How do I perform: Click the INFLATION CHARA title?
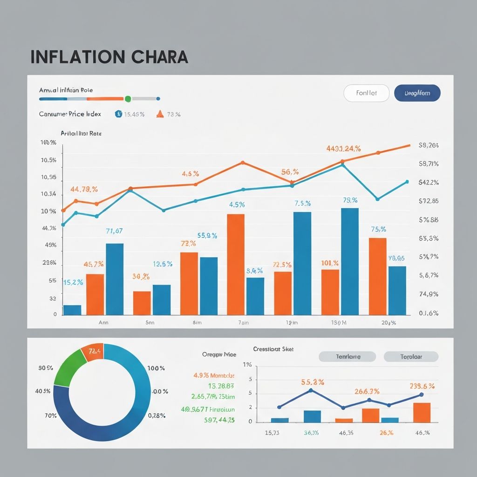[109, 56]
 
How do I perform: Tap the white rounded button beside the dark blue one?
[366, 93]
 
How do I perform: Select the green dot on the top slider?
[128, 99]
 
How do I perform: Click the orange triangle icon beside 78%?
[160, 114]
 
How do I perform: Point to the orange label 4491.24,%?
[343, 149]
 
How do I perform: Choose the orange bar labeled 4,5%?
[236, 264]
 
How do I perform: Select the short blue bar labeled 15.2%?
[72, 310]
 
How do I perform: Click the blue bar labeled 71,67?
[115, 279]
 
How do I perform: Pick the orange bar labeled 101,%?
[330, 292]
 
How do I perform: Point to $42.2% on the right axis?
[429, 183]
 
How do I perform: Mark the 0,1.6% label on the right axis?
[429, 313]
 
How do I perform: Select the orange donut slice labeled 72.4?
[92, 353]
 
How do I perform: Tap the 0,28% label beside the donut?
[157, 416]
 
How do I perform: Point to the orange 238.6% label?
[422, 386]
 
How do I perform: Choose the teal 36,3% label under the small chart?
[311, 433]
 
